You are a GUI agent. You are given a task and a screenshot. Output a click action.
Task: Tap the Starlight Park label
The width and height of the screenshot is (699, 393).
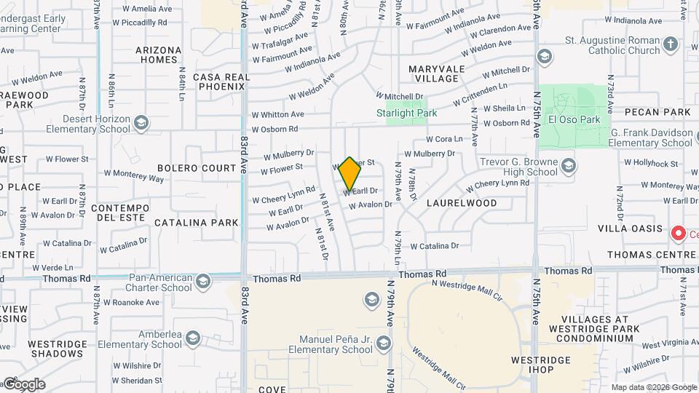(x=406, y=113)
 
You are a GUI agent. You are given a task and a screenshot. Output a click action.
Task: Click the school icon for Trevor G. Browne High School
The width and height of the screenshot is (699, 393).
(x=569, y=164)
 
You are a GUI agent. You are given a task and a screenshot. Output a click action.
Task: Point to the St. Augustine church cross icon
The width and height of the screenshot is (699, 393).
(x=671, y=45)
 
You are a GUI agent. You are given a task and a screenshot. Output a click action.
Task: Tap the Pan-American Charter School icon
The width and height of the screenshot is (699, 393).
(x=202, y=280)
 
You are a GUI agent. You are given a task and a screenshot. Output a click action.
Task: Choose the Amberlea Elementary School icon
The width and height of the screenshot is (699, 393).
(x=192, y=338)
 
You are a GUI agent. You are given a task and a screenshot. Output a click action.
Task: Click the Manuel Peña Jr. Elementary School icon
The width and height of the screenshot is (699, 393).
(x=384, y=342)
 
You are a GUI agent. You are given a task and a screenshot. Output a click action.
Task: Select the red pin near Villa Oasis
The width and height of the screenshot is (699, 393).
(x=679, y=234)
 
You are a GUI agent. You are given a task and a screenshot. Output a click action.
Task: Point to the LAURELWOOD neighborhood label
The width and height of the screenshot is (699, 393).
(x=462, y=203)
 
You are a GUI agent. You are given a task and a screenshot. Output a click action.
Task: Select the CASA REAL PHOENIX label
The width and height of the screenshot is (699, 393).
(x=219, y=81)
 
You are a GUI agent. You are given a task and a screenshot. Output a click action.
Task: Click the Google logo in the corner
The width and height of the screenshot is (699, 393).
(x=24, y=384)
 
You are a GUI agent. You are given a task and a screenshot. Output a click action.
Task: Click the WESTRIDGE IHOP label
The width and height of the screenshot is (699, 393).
(x=535, y=366)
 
